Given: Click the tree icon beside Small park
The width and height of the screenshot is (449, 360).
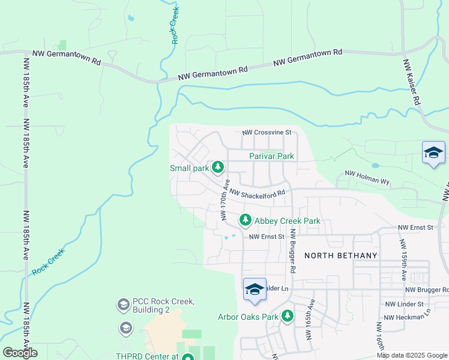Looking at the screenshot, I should (219, 167).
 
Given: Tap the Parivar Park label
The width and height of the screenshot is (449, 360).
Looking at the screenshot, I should (271, 156).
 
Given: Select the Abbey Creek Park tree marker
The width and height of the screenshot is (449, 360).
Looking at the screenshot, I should (245, 221).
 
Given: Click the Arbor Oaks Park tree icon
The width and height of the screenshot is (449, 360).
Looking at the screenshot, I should (288, 316).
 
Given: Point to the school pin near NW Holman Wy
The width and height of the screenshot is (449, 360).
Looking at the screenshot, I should (433, 153).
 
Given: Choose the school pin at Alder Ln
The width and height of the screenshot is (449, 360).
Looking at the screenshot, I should (255, 290).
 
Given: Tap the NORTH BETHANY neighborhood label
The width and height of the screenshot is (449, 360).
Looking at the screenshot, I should (340, 255).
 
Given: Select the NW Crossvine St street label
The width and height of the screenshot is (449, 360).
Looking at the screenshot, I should (267, 132).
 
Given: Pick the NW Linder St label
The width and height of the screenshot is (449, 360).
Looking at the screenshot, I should (407, 305).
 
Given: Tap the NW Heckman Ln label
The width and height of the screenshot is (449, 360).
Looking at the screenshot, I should (407, 317).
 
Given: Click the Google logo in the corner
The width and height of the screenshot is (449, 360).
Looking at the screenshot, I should (20, 352).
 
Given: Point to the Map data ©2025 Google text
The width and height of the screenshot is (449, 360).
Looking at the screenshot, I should (411, 355).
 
